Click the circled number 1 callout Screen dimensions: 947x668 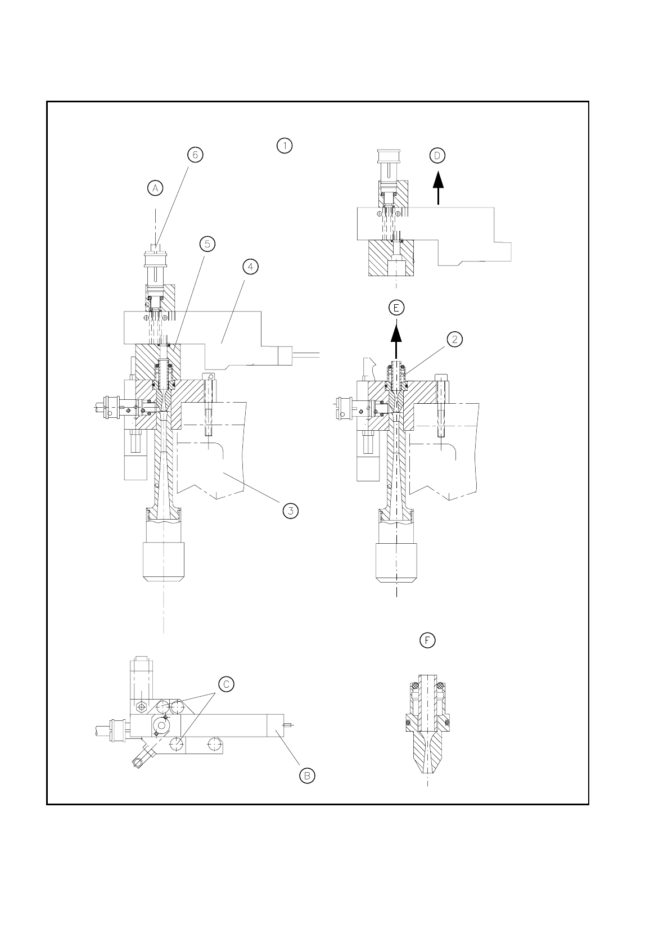(285, 146)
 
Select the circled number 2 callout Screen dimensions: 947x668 (454, 339)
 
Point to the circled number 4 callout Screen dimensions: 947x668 (250, 267)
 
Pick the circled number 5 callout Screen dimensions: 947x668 (207, 243)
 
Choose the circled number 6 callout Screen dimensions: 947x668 (195, 155)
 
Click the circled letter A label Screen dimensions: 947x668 (155, 188)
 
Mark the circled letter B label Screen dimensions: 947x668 (307, 775)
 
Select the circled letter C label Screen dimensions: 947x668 (225, 684)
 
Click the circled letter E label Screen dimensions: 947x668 (396, 308)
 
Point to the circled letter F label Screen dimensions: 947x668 (428, 640)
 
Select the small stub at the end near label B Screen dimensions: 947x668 (288, 725)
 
